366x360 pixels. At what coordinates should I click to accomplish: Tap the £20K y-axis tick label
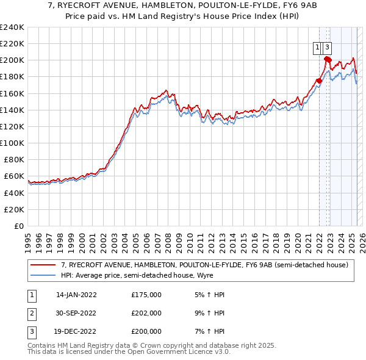pyautogui.click(x=13, y=209)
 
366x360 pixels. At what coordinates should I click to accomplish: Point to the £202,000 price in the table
pyautogui.click(x=146, y=313)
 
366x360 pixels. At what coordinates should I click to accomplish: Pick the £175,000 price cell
pyautogui.click(x=146, y=295)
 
